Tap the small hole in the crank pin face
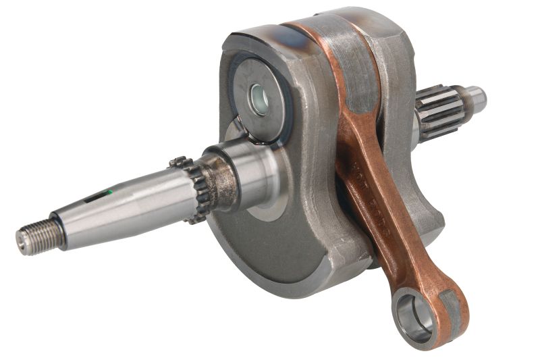pyautogui.click(x=259, y=100)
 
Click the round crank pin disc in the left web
pyautogui.click(x=260, y=101)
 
